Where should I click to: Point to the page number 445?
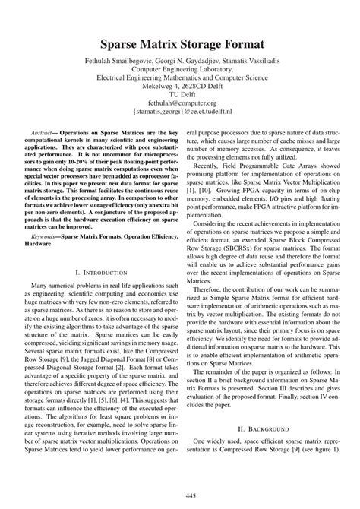(180, 496)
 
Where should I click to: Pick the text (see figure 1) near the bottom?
(311, 476)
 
